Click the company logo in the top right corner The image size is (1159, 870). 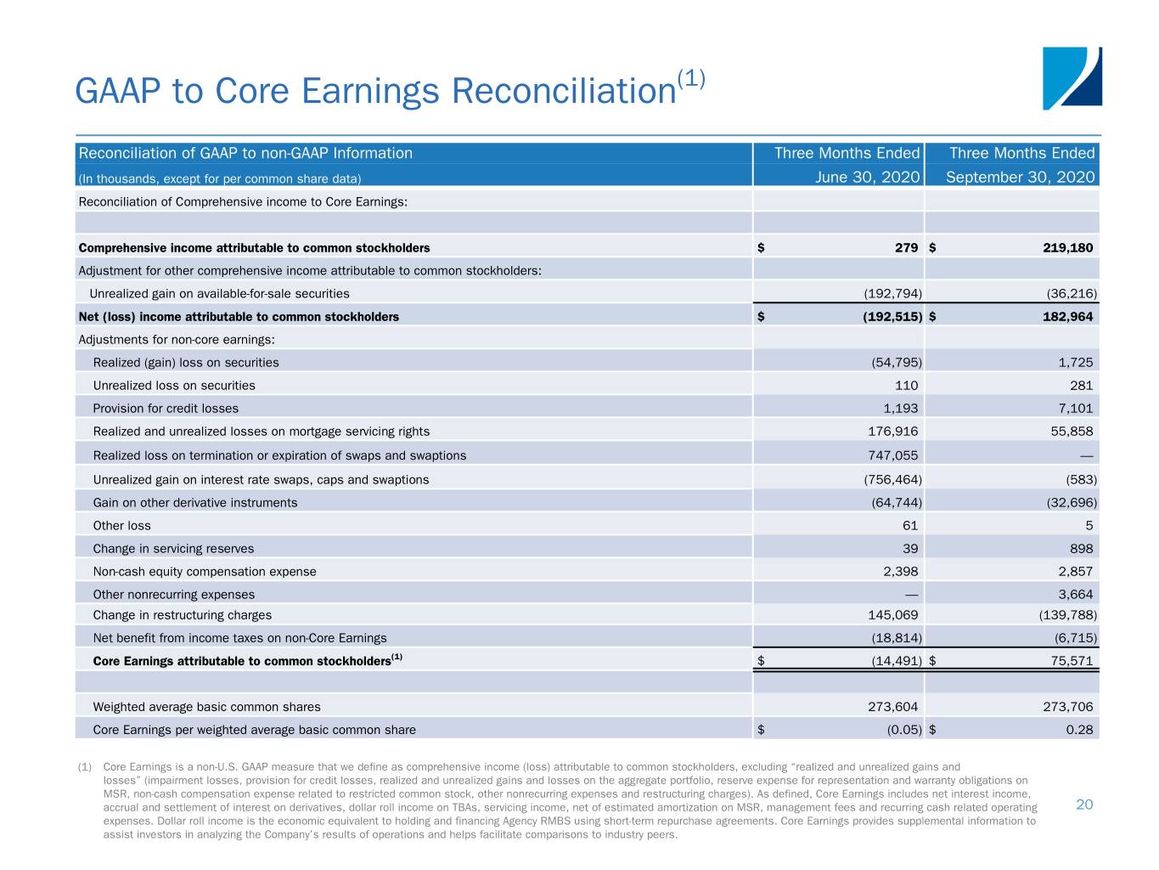coord(1072,78)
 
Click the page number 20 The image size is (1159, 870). coord(1084,805)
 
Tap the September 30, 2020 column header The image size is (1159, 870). coord(1020,177)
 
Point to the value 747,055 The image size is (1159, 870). coord(892,455)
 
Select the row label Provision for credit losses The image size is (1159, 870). coord(166,409)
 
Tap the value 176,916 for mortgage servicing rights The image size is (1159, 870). coord(892,432)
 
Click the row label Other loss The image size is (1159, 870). coord(121,526)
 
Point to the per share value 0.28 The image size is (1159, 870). coord(1079,730)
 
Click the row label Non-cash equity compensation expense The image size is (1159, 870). coord(205,572)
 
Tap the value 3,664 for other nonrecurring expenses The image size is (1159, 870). coord(1075,595)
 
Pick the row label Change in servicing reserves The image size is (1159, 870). coord(173,549)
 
